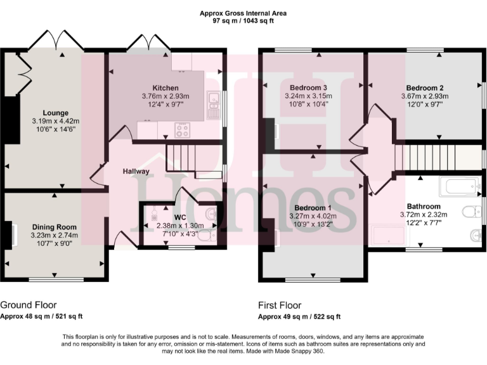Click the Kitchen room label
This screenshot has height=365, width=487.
(x=165, y=87)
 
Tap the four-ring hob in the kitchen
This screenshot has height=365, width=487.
(x=183, y=131)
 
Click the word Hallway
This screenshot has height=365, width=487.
(x=136, y=171)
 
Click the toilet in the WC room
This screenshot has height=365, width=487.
(x=211, y=236)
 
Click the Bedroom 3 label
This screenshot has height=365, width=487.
(x=308, y=87)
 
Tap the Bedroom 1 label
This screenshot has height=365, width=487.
(x=312, y=208)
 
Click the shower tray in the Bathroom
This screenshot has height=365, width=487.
(x=393, y=236)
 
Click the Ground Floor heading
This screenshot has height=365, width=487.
(x=27, y=305)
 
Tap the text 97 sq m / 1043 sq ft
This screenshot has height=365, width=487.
(x=243, y=21)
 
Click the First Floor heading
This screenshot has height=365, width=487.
(x=280, y=305)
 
